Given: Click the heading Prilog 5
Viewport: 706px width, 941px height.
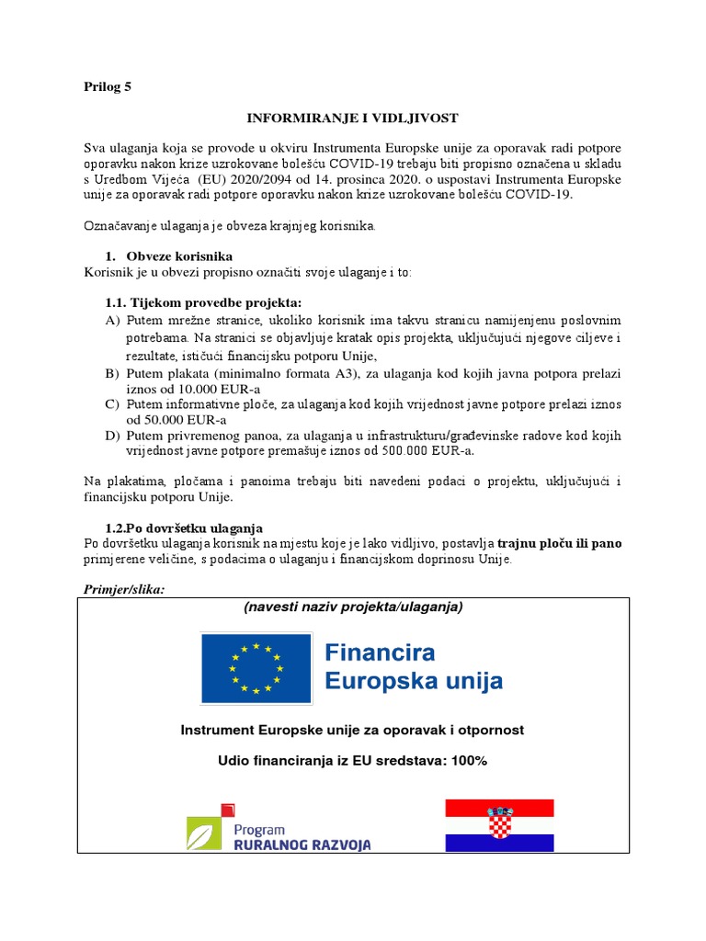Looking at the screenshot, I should click(x=108, y=87).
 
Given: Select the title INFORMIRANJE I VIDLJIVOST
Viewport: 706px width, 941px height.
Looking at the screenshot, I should click(x=351, y=119).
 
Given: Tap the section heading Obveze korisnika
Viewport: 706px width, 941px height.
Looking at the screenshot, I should click(x=179, y=255).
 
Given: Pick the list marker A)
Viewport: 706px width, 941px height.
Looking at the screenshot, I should click(x=113, y=320).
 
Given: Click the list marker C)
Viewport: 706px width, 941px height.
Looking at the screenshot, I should click(x=113, y=404).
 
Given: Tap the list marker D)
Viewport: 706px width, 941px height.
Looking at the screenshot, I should click(x=113, y=436).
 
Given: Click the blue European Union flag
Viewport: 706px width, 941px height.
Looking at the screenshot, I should click(x=256, y=665).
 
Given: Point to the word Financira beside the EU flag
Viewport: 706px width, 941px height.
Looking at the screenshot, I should click(x=381, y=653).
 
